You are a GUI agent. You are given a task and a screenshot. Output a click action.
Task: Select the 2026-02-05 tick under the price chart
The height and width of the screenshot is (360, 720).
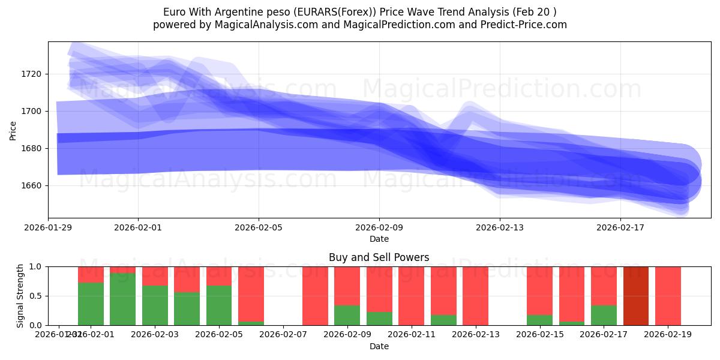click(259, 227)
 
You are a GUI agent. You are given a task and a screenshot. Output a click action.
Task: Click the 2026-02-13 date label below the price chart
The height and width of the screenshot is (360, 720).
click(500, 227)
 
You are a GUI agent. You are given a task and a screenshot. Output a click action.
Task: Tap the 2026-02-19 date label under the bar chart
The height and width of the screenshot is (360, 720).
click(668, 334)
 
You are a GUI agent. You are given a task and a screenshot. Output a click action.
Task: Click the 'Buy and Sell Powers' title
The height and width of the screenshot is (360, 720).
click(379, 257)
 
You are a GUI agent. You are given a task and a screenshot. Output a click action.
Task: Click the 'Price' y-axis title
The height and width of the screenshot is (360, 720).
click(13, 130)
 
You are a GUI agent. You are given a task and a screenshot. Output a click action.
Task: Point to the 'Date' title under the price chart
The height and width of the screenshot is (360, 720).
click(379, 239)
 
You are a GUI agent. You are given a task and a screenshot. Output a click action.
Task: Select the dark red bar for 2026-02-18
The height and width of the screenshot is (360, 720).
click(636, 296)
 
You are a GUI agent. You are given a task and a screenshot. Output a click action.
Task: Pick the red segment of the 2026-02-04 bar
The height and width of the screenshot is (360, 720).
click(187, 279)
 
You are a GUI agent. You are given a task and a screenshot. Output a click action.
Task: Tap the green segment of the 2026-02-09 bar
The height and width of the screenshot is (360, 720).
click(347, 316)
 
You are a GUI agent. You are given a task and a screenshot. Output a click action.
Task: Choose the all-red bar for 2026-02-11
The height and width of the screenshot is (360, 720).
click(411, 296)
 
